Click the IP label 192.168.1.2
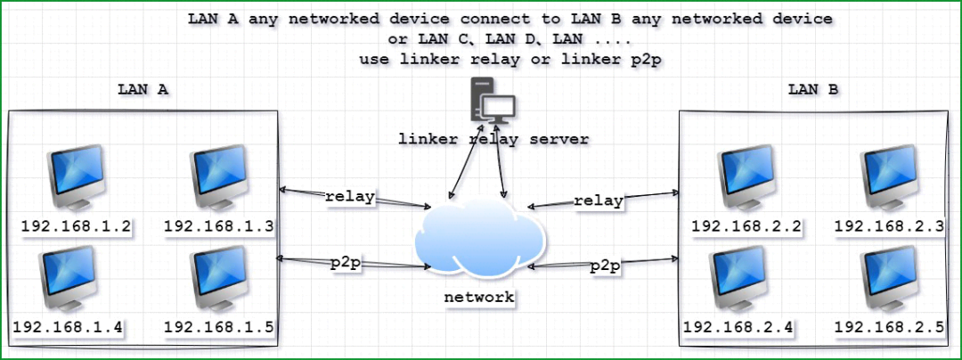[76, 227]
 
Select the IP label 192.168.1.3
[219, 227]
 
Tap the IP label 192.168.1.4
[68, 328]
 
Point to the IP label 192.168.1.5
[219, 328]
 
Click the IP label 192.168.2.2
[746, 227]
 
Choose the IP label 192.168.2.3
[890, 227]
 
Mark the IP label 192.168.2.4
[738, 328]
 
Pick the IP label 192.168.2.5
[890, 328]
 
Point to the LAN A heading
[143, 89]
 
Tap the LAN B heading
[813, 89]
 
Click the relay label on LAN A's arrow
[350, 198]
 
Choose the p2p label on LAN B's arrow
[605, 266]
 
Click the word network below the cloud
[479, 298]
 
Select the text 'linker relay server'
[493, 139]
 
